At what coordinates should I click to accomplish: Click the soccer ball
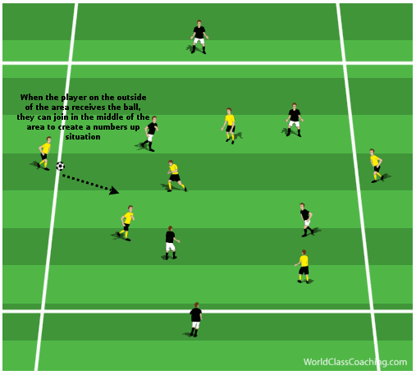pos(60,166)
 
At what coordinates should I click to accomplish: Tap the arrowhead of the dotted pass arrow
pos(114,190)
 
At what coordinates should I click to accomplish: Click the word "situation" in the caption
pos(83,137)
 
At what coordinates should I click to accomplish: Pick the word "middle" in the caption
pos(112,117)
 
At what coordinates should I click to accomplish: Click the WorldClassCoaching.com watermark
pos(355,362)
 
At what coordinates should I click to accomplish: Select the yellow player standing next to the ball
pos(44,153)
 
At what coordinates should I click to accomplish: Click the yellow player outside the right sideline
pos(377,166)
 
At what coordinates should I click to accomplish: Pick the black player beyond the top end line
pos(199,37)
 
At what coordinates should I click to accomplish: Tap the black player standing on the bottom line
pos(196,319)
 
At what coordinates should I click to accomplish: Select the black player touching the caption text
pos(150,134)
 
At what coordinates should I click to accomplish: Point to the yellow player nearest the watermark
pos(303,267)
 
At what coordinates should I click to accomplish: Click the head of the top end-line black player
pos(199,23)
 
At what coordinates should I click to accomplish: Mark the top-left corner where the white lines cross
pos(70,63)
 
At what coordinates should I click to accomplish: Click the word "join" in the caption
pos(61,117)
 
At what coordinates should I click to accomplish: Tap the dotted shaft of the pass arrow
pos(86,182)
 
